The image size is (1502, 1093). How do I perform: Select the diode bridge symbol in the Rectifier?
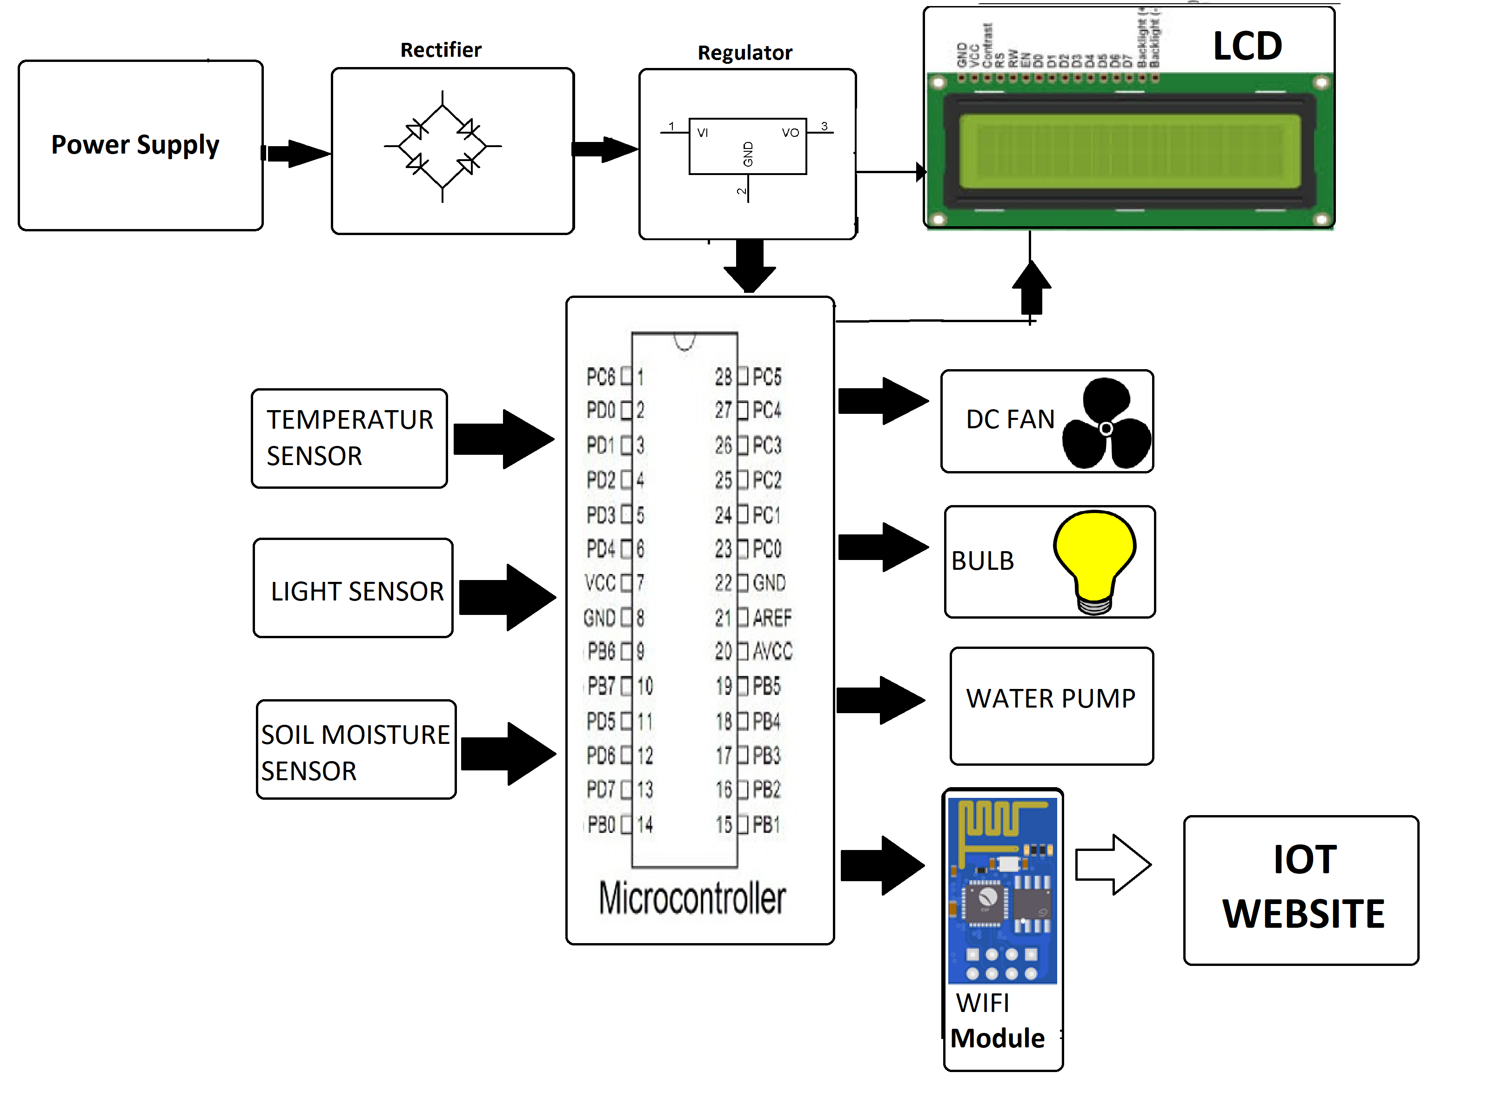(x=443, y=146)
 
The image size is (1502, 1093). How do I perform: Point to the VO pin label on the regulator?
(x=790, y=133)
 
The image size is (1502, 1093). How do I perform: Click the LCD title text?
(x=1247, y=47)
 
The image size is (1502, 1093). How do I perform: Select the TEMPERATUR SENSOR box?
(x=349, y=438)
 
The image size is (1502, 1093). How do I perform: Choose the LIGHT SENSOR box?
(x=353, y=588)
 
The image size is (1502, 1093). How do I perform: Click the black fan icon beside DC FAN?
(x=1106, y=425)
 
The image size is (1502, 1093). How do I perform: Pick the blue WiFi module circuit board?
(x=1002, y=891)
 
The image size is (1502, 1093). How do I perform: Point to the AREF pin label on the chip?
(x=772, y=618)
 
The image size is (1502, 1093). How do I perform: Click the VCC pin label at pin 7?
(x=600, y=583)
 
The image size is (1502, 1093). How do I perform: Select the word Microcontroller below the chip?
(x=692, y=899)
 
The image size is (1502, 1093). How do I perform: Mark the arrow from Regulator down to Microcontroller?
(x=750, y=265)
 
